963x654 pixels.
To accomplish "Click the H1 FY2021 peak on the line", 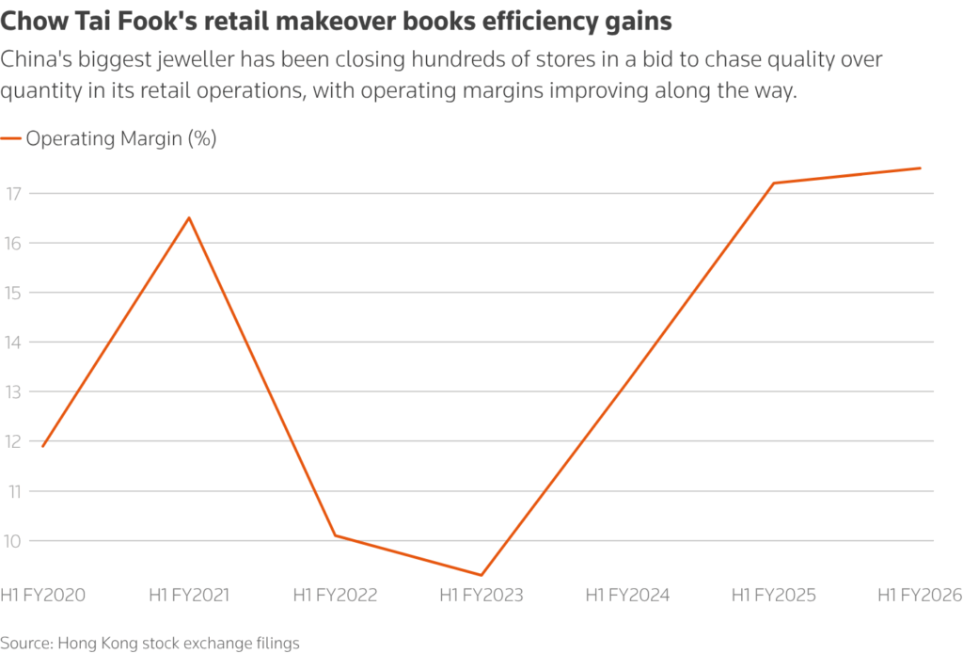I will tap(189, 218).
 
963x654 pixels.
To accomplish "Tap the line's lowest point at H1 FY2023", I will tap(481, 575).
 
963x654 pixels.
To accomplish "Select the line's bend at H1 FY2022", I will tap(336, 535).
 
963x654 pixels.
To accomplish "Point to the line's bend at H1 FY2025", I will tap(773, 183).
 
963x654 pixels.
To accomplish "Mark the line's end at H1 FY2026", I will tap(920, 168).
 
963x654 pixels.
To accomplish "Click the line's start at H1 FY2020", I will tap(43, 446).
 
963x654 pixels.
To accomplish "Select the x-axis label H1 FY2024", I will tap(627, 596).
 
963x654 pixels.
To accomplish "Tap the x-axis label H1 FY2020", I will tap(43, 596).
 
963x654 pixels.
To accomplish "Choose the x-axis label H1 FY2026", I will tap(919, 596).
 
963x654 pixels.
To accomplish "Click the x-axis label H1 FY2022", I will tap(335, 596).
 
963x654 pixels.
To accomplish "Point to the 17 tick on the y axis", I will tap(13, 194).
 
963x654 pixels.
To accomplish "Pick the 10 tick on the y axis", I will tap(13, 541).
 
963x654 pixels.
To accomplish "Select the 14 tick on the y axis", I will tap(13, 343).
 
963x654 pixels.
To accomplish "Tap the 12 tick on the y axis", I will tap(13, 441).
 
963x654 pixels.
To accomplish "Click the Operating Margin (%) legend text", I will tap(121, 139).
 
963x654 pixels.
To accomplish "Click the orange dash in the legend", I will tap(11, 139).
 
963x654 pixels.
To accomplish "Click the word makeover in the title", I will tap(330, 20).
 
